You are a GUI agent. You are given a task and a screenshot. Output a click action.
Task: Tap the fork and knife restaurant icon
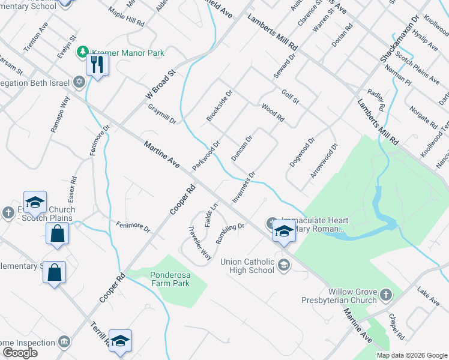tap(97, 64)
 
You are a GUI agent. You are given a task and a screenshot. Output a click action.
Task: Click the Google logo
tap(20, 353)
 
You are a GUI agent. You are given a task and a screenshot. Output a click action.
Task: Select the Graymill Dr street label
tap(161, 113)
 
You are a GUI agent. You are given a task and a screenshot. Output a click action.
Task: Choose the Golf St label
tap(290, 96)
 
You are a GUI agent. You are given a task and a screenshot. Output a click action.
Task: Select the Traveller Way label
tap(200, 242)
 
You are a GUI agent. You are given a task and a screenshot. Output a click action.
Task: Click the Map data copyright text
tap(412, 355)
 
